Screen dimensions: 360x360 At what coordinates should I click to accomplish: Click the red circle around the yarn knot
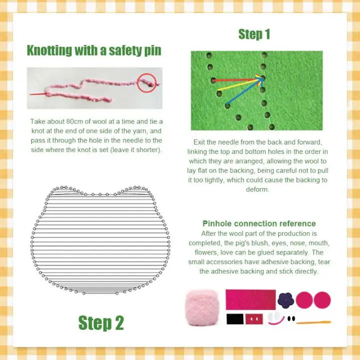click(x=148, y=82)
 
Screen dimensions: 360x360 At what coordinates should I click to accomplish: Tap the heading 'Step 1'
click(x=254, y=34)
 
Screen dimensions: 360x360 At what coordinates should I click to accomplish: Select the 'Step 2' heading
click(x=101, y=322)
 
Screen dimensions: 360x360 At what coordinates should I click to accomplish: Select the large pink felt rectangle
click(x=250, y=299)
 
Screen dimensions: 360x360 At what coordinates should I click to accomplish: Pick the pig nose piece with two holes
click(x=253, y=319)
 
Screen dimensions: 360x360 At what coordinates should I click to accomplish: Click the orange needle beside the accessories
click(x=313, y=322)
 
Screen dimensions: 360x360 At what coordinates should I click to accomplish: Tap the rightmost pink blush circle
click(x=322, y=299)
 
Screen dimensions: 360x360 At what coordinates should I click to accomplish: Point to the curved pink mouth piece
click(x=279, y=321)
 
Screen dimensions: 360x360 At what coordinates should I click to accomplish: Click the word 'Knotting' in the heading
click(x=49, y=50)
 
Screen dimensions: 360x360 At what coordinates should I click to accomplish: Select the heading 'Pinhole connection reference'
click(x=259, y=223)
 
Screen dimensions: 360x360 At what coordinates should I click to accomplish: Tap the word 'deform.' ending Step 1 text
click(x=258, y=189)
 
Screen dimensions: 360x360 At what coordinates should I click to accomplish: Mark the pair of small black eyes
click(x=291, y=318)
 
